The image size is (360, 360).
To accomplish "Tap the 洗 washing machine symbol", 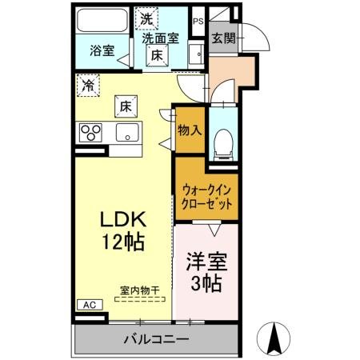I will click(x=146, y=18).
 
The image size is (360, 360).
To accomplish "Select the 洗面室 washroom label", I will click(x=160, y=37).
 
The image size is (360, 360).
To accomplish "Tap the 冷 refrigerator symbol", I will click(x=86, y=82).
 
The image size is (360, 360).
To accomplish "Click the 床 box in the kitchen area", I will click(x=126, y=104).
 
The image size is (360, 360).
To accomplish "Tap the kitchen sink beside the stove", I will click(x=126, y=132).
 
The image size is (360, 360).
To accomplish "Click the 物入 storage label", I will click(x=189, y=130).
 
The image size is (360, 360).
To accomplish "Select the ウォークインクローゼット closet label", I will click(x=205, y=196).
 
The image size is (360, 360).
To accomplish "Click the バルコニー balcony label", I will click(x=156, y=340).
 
